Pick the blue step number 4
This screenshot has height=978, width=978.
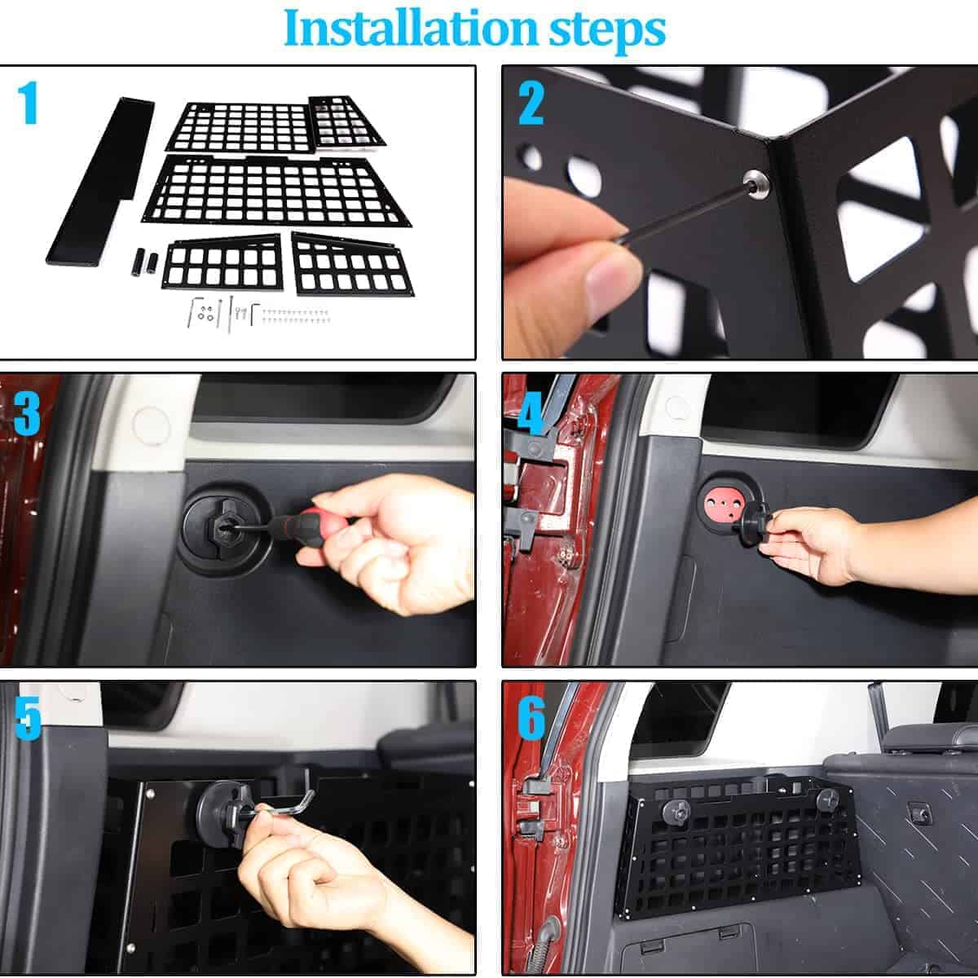point(531,414)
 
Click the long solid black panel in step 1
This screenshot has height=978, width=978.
point(99,181)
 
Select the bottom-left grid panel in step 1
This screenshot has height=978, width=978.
point(222,262)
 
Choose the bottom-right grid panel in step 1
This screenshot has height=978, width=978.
point(352,265)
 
